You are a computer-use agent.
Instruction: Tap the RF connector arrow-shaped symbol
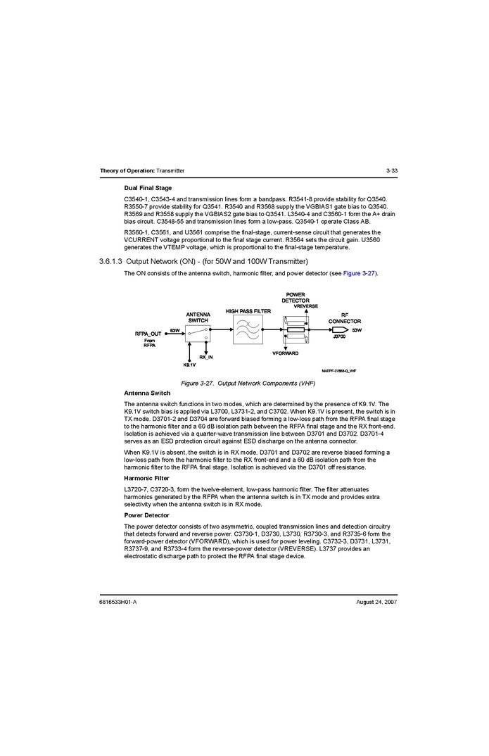coord(338,329)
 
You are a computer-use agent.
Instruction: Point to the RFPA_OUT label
coord(148,334)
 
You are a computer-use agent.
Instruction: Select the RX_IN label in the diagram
coord(206,358)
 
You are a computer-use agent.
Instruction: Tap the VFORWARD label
coord(286,353)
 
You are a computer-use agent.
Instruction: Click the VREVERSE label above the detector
coord(306,306)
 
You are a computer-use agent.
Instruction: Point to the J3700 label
coord(339,337)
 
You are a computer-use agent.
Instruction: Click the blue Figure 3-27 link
coord(360,273)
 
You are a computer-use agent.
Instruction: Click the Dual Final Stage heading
coord(148,188)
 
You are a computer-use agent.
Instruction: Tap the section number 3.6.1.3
coord(110,262)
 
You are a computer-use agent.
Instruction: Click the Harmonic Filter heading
coord(146,478)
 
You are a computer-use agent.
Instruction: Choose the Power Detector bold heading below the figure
coord(146,515)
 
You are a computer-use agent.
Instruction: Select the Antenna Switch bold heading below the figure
coord(147,393)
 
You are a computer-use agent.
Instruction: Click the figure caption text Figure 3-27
coord(198,383)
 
